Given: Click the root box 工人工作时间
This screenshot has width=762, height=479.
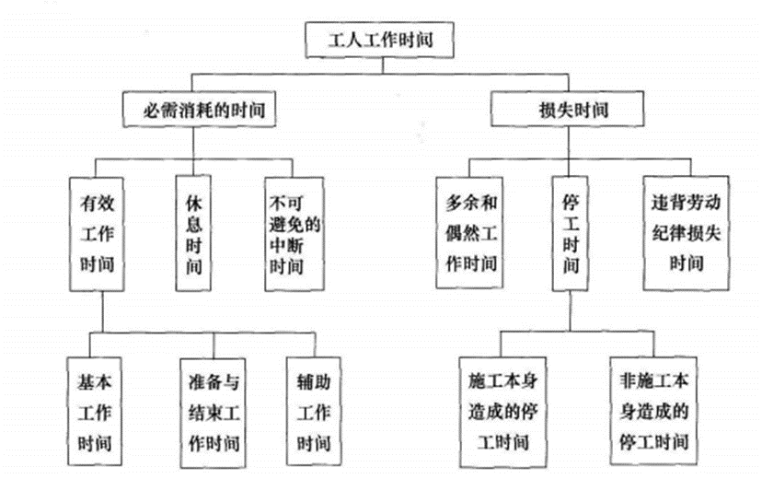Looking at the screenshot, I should click(x=379, y=40).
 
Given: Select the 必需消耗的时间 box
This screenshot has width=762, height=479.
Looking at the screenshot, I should click(x=200, y=111).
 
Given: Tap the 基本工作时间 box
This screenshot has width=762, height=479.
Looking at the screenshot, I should click(x=97, y=404).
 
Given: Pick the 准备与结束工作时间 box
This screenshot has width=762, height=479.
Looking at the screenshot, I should click(x=210, y=404).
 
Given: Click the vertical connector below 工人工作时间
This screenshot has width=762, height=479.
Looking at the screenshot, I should click(x=379, y=63).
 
